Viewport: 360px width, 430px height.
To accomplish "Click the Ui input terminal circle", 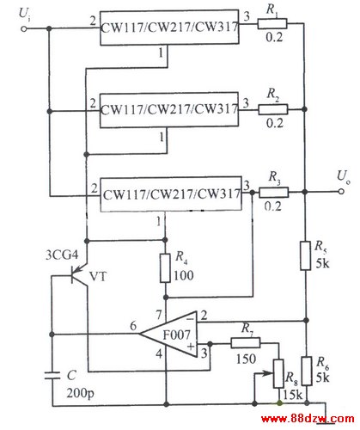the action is click(24, 28).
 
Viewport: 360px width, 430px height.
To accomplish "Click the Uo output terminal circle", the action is click(341, 192).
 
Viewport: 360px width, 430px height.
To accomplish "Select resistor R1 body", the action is click(272, 24).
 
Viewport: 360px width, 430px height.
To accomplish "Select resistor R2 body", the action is click(273, 109).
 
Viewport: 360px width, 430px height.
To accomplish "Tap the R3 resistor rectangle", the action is click(274, 193).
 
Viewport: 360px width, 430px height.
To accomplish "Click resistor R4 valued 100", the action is click(165, 268).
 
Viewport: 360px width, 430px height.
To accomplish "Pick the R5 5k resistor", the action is click(306, 255).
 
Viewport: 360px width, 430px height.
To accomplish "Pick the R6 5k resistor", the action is click(307, 371).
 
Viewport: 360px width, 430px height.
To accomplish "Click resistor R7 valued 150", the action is click(246, 343).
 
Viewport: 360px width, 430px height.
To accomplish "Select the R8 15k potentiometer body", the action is click(278, 373).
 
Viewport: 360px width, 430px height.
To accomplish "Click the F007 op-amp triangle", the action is click(169, 334).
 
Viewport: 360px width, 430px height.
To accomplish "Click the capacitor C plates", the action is click(52, 376).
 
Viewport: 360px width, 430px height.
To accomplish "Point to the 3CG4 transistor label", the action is click(62, 255).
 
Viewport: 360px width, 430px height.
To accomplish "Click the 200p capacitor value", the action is click(80, 393).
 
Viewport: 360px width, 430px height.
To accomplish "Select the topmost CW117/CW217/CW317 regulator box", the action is click(169, 28).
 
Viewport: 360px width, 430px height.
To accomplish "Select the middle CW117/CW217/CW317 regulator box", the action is click(169, 110).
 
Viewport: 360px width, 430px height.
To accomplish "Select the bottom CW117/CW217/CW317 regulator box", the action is click(171, 194).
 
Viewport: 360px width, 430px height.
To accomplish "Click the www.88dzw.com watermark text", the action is click(308, 419).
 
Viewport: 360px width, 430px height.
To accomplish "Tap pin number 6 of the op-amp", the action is click(133, 326).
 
